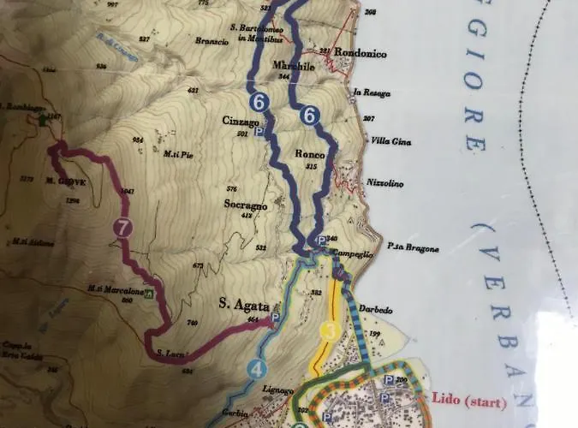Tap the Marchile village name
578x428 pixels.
pyautogui.click(x=289, y=66)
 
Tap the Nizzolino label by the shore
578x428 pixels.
pyautogui.click(x=384, y=181)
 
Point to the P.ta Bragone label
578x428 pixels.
pyautogui.click(x=413, y=248)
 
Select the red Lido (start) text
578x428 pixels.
pyautogui.click(x=469, y=401)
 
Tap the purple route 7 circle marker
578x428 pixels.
pyautogui.click(x=123, y=228)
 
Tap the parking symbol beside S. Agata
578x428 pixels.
pyautogui.click(x=275, y=318)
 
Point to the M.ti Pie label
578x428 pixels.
pyautogui.click(x=176, y=154)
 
